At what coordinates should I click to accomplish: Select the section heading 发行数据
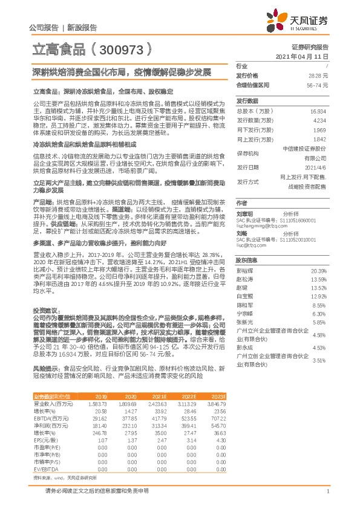(x=246, y=101)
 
